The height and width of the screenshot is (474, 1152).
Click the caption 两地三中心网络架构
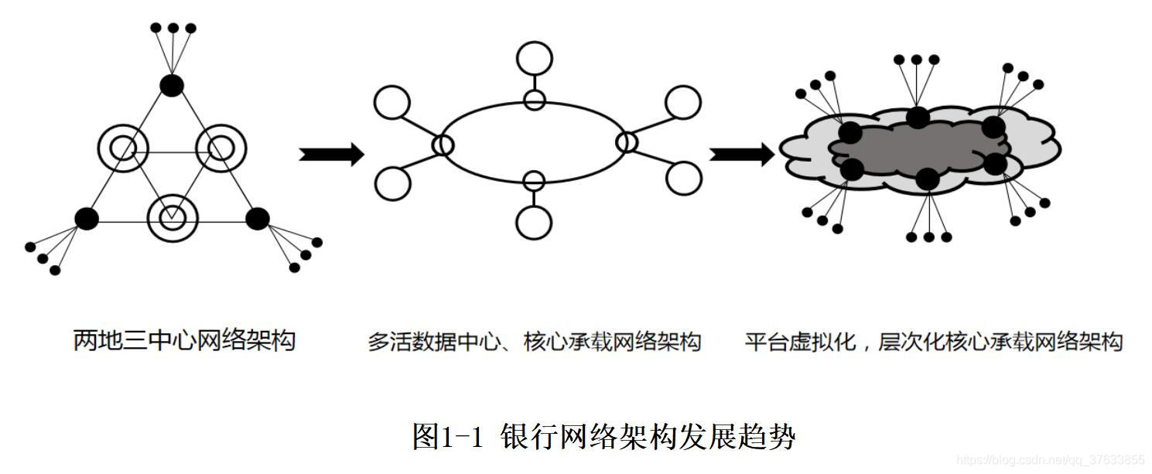tap(184, 339)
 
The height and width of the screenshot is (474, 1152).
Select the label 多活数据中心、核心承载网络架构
tap(534, 341)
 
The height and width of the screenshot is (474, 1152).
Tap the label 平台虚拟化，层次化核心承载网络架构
tap(933, 341)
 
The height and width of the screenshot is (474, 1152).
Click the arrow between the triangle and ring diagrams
tap(331, 154)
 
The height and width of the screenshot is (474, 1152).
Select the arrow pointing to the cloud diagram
tap(741, 154)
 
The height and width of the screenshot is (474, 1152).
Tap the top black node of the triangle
tap(172, 85)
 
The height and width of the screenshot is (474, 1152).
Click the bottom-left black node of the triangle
tap(87, 219)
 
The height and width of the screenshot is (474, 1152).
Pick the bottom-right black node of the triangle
tap(257, 219)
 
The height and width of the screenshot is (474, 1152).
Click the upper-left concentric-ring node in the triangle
tap(122, 146)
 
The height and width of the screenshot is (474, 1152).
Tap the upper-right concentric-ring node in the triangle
tap(220, 146)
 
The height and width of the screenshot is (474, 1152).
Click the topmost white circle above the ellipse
tap(534, 58)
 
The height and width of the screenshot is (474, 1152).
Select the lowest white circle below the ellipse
tap(534, 223)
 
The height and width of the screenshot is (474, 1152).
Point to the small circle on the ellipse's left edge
tap(443, 144)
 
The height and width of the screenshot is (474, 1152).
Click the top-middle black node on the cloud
tap(918, 118)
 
